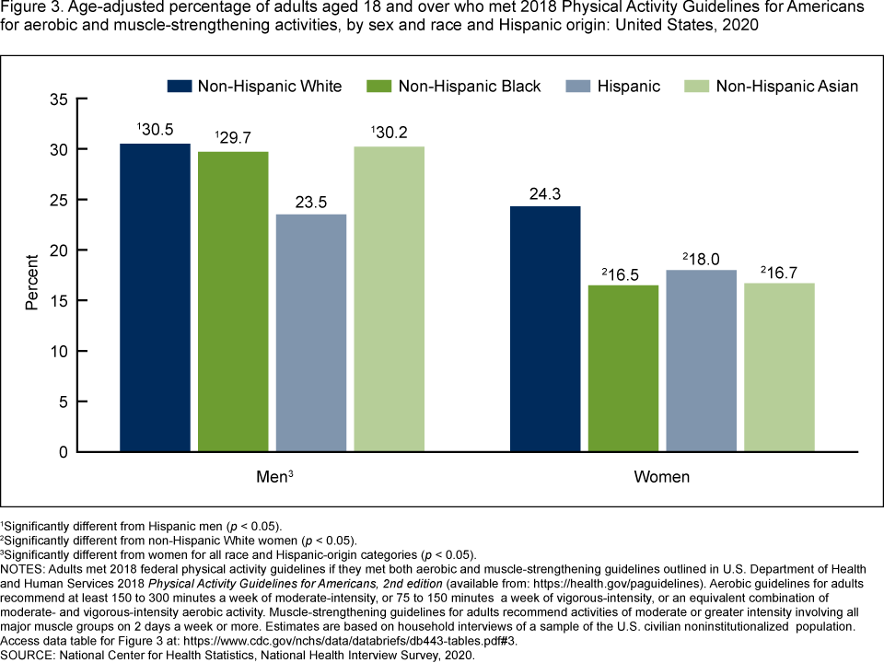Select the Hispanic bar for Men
(x=311, y=332)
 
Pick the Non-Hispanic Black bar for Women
(x=623, y=368)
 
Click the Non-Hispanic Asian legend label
(x=786, y=87)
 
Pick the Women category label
(x=662, y=478)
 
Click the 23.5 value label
(x=311, y=200)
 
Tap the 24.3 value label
(x=545, y=192)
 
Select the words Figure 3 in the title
(x=31, y=8)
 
